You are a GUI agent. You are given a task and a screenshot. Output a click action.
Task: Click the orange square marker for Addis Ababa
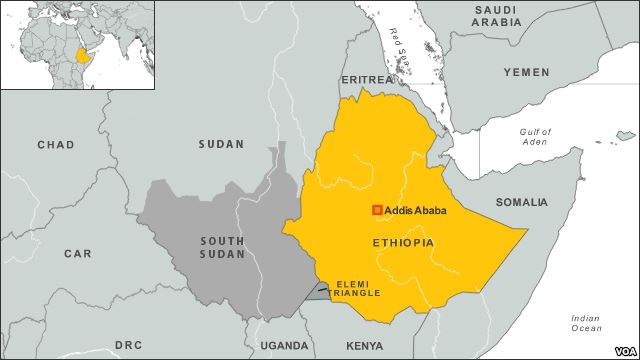[377, 210]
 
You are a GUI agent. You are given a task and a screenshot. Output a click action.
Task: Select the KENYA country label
[364, 346]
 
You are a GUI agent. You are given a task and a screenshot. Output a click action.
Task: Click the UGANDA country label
[284, 346]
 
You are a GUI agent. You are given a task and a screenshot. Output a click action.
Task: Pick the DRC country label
[128, 345]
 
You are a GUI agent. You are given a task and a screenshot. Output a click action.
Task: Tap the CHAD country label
[55, 145]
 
